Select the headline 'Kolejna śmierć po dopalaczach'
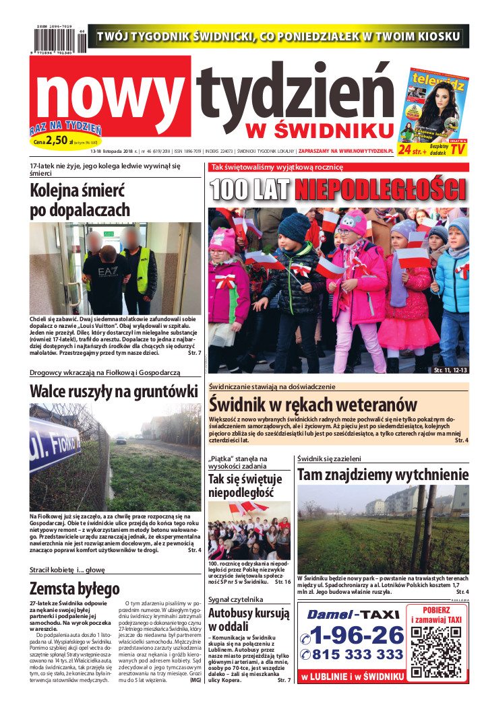80,199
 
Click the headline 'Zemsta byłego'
75,588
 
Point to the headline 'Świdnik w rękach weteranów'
313,404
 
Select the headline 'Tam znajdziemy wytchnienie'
383,475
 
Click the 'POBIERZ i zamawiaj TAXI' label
436,614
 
